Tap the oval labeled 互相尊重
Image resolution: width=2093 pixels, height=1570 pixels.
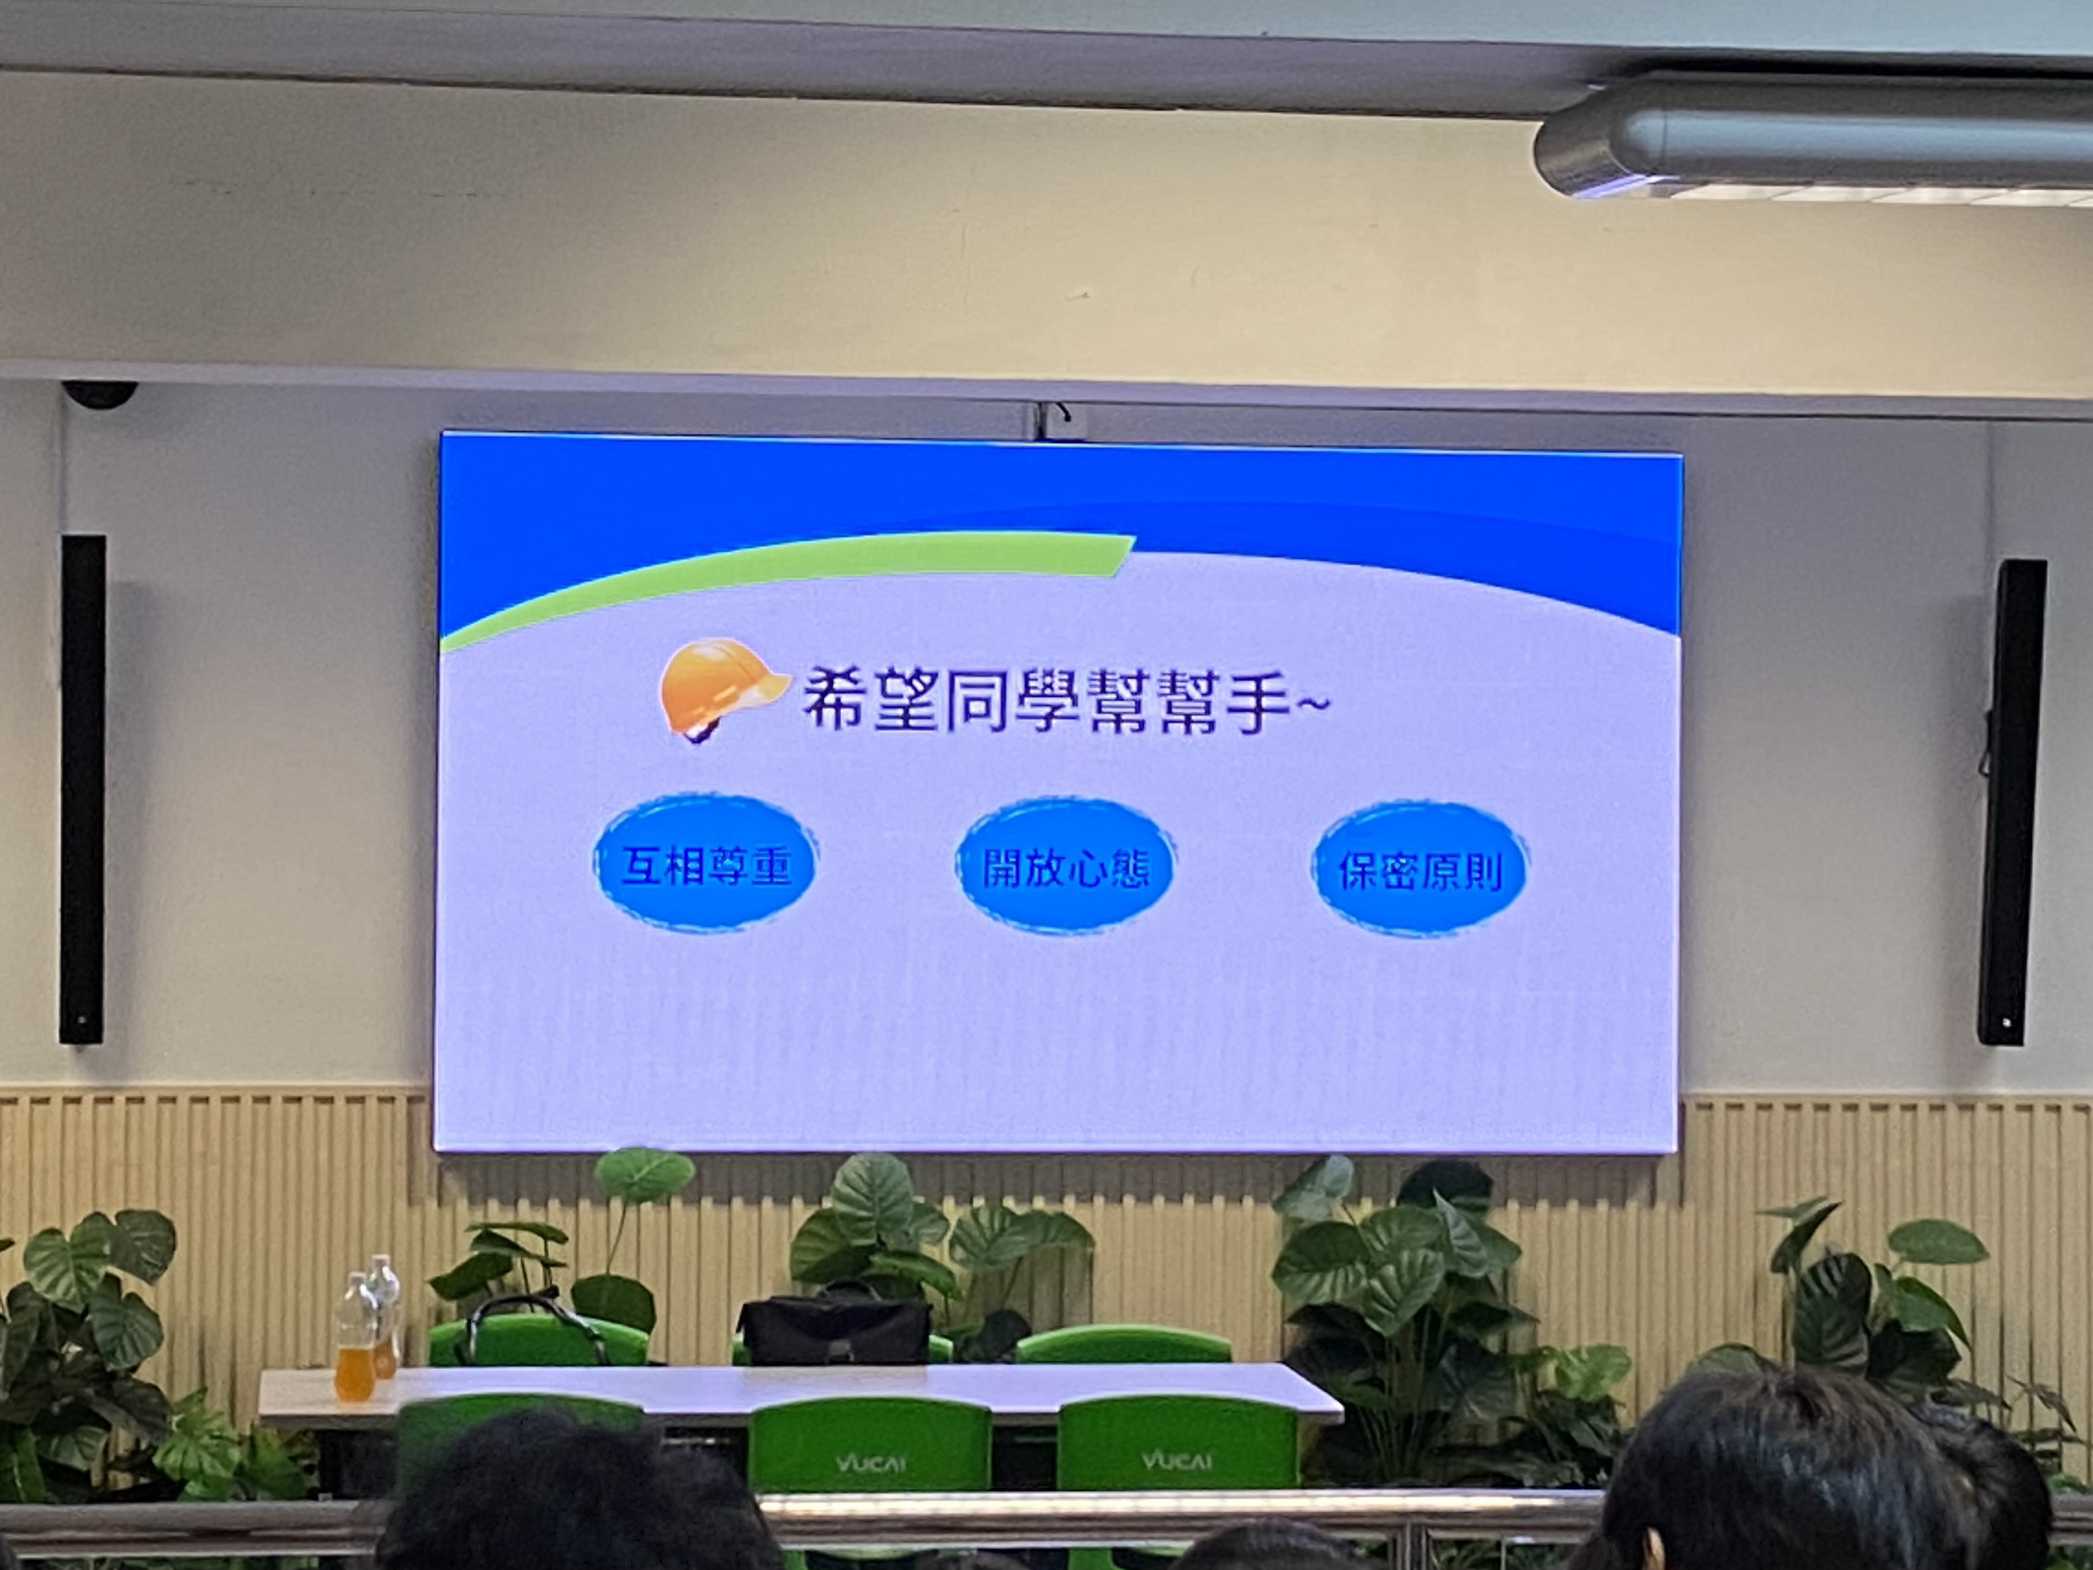coord(705,863)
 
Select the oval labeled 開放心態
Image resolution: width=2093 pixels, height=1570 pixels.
coord(1065,866)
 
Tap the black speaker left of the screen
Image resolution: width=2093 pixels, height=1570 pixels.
coord(82,789)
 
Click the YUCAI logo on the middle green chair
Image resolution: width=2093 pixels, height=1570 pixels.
coord(869,1463)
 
